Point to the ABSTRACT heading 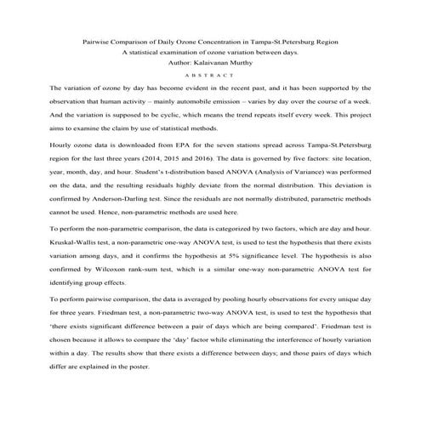tap(209, 75)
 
